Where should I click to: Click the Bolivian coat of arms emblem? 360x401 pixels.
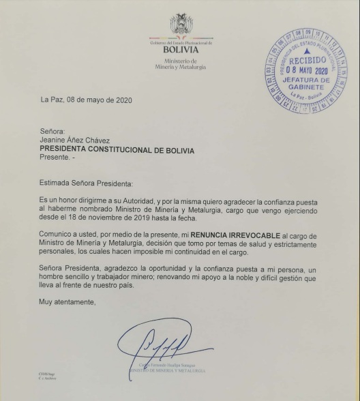pos(181,25)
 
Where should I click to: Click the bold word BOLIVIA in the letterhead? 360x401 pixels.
pos(181,50)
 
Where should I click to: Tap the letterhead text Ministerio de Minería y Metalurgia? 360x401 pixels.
pos(181,64)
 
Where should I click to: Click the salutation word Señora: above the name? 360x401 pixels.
pos(52,131)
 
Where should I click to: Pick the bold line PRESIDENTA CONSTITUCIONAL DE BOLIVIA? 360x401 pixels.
pos(117,149)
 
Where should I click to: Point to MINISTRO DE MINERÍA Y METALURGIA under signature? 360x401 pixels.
pos(167,370)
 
